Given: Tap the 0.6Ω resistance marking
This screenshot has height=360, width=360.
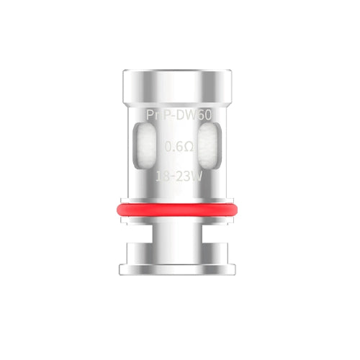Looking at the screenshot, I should pyautogui.click(x=179, y=147).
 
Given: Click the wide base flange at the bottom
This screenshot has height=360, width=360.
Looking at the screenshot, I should pyautogui.click(x=179, y=257).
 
